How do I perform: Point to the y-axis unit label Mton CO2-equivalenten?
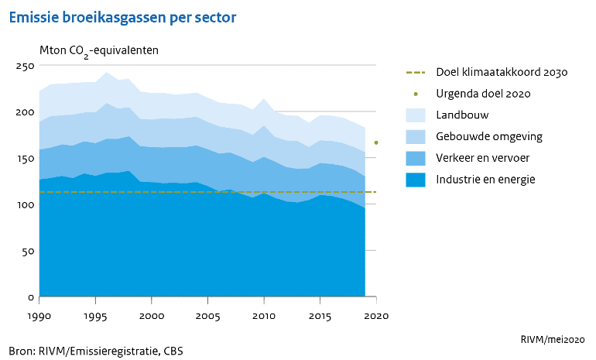coord(99,51)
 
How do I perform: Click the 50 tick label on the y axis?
coord(27,252)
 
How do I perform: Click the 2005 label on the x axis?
coord(207,316)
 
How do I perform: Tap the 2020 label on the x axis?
coord(376,316)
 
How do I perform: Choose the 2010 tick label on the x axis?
coord(264,316)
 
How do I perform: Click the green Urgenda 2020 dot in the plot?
coord(376,142)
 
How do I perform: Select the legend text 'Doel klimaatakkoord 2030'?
coord(502,72)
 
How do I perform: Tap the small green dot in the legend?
coord(416,94)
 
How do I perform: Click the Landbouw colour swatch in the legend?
coord(416,115)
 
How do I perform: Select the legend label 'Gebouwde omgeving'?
coord(489,136)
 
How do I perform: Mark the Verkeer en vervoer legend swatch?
coord(416,158)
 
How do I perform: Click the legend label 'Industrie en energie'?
coord(486,180)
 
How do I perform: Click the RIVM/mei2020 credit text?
coord(553,339)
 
